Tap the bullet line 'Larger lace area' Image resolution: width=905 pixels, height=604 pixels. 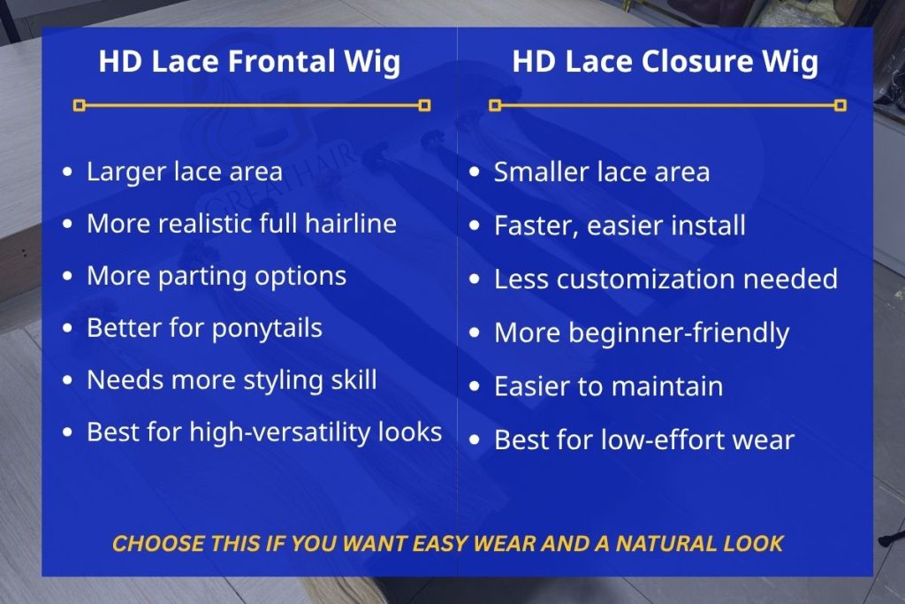pyautogui.click(x=184, y=172)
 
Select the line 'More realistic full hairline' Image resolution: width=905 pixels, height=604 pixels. pyautogui.click(x=241, y=223)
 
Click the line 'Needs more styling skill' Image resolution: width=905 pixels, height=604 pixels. pyautogui.click(x=232, y=380)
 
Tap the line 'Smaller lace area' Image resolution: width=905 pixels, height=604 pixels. pyautogui.click(x=601, y=172)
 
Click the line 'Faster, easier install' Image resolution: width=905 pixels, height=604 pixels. pyautogui.click(x=619, y=226)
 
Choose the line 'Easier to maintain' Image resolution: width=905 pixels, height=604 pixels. pyautogui.click(x=608, y=386)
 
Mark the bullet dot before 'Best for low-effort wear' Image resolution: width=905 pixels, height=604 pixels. pyautogui.click(x=476, y=440)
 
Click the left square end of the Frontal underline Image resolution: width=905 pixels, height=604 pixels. pyautogui.click(x=80, y=105)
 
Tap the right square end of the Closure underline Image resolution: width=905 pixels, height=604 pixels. pyautogui.click(x=840, y=105)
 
